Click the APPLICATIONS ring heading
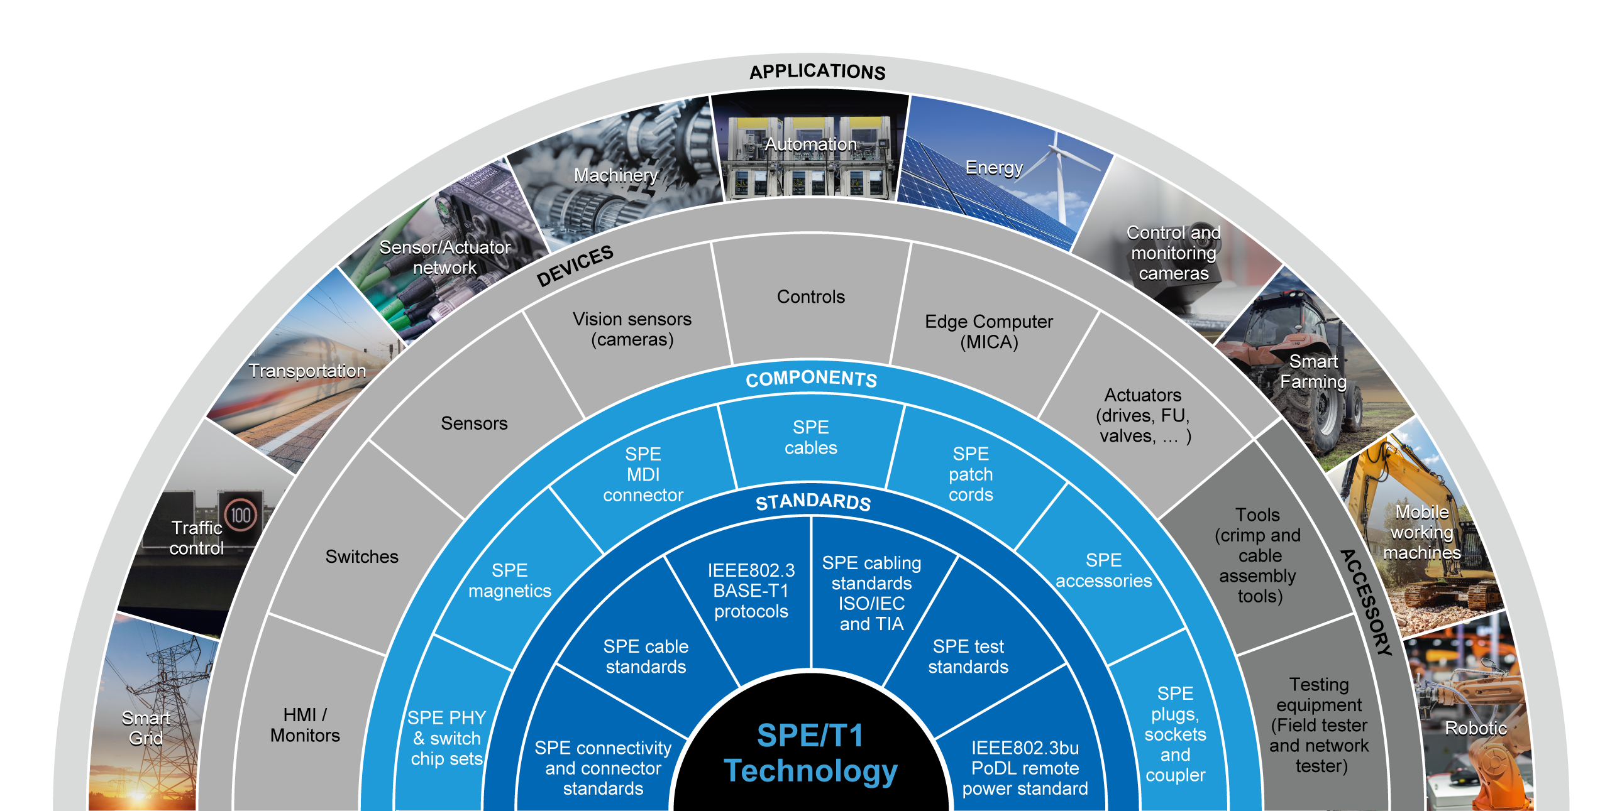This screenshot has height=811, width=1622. point(817,71)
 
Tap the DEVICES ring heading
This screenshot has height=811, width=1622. point(574,265)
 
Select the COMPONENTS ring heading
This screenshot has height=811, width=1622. point(811,378)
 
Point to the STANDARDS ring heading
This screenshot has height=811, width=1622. point(813,501)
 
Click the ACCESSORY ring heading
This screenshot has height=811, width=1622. point(1365,602)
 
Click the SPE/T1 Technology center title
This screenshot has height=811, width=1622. point(810,753)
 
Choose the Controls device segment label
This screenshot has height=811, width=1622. point(810,297)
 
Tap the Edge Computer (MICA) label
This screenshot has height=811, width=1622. point(988,332)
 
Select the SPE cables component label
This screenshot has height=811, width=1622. point(810,437)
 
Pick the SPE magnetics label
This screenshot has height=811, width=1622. point(509,580)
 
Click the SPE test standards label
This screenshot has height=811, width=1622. point(968,656)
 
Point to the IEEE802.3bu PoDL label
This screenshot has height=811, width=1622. point(1025,768)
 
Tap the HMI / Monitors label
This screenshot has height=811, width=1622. point(305,725)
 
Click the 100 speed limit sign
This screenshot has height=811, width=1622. point(240,516)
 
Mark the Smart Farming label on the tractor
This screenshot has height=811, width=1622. point(1313,371)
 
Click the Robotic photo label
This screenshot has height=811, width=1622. point(1476,728)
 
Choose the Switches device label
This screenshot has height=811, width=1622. point(361,556)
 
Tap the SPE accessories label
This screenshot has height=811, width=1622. point(1103,570)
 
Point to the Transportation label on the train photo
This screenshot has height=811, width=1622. point(307,371)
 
